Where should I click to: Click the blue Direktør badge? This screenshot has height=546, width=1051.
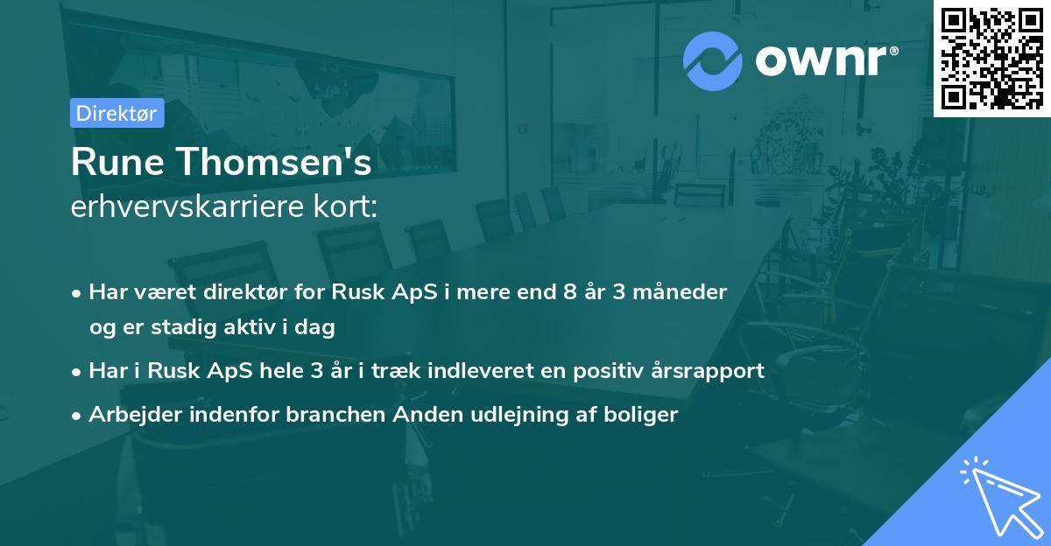point(117,113)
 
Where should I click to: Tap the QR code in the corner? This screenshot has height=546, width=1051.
point(991,59)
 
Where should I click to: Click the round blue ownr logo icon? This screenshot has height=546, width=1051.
point(712,61)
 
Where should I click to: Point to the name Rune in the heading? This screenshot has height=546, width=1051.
point(117,162)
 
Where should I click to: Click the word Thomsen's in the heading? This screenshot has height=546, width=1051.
point(274,162)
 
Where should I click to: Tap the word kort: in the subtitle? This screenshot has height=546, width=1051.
point(346,206)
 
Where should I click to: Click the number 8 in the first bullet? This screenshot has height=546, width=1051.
point(569,292)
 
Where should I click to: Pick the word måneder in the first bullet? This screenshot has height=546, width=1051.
point(680,292)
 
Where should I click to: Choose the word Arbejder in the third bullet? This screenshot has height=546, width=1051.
point(135,415)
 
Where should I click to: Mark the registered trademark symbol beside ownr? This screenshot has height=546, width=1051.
point(893,51)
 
